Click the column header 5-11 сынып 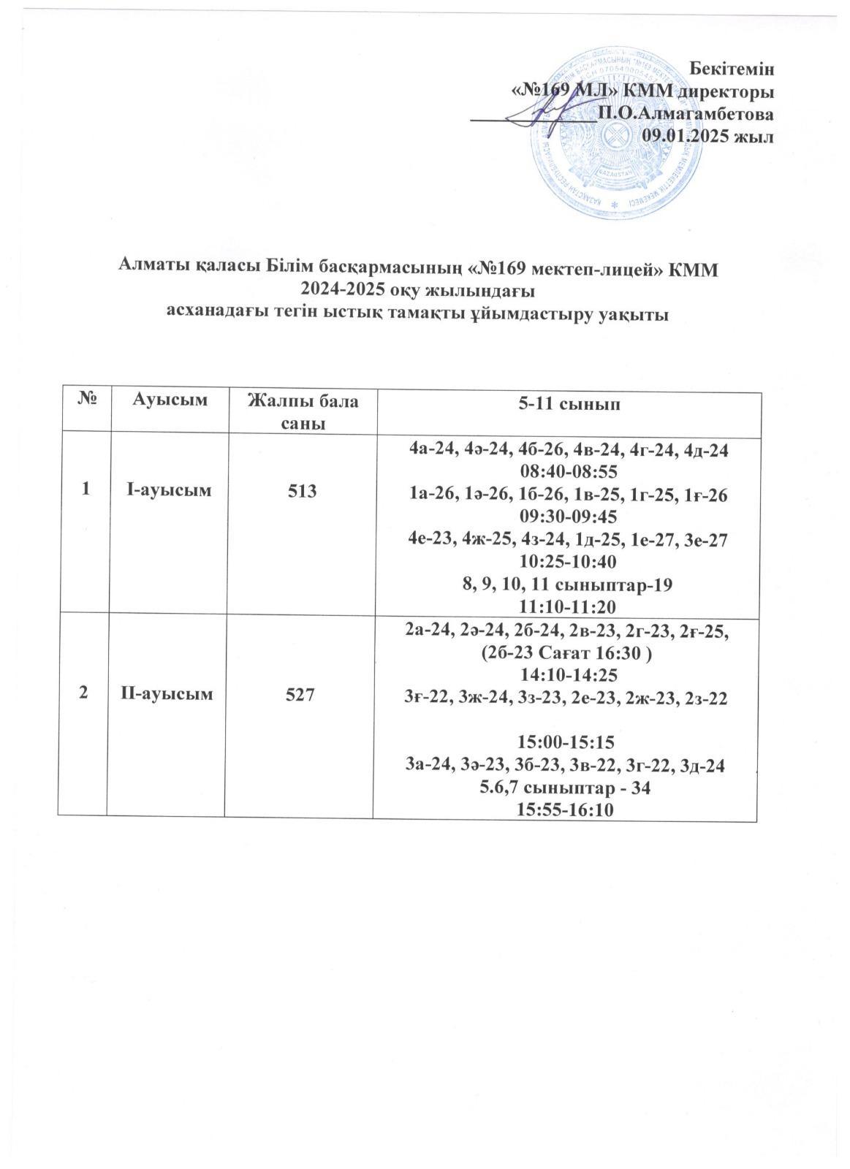point(567,401)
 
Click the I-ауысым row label point(170,490)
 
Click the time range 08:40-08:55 point(567,473)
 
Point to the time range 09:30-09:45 point(567,517)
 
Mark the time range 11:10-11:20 point(567,606)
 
